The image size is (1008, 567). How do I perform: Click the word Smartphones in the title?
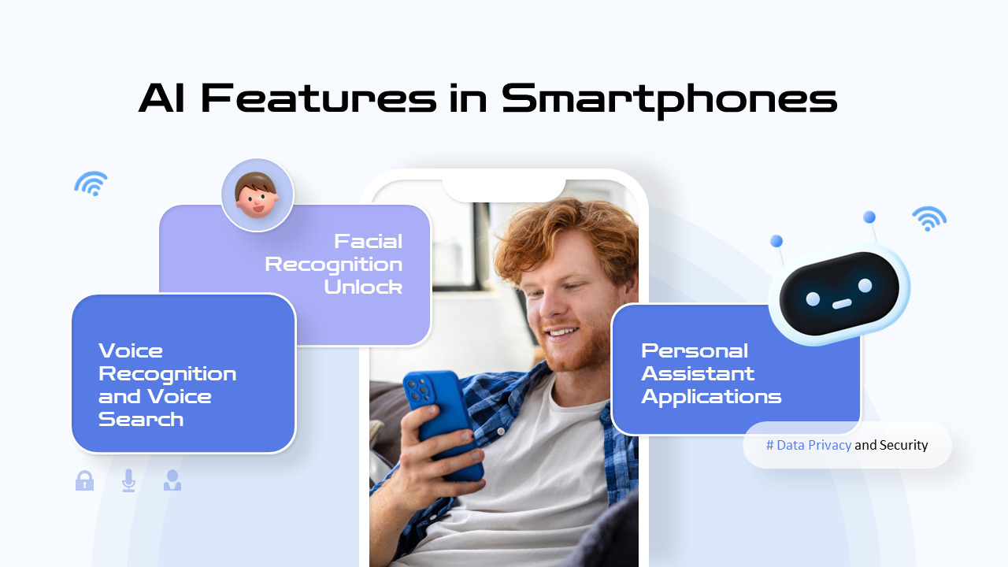point(669,100)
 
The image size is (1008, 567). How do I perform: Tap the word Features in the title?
point(319,98)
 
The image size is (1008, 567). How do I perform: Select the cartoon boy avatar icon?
point(257,195)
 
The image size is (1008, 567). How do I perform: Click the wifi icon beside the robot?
point(929,218)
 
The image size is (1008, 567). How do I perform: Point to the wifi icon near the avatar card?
point(91,183)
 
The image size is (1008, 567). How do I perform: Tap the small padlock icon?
point(84,480)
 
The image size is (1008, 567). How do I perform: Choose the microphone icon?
point(128,480)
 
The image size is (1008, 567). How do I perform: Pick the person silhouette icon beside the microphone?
point(172,480)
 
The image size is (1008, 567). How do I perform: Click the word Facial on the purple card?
point(368,241)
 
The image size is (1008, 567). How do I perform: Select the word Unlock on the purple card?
point(363,287)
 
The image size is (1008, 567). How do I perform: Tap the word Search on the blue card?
point(141,419)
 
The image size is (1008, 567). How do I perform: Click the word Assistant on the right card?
point(698,373)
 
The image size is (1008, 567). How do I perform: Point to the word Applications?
point(711,396)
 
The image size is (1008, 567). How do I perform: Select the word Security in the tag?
point(904,445)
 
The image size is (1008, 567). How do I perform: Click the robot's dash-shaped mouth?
point(842,303)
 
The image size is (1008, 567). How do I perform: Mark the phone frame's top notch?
point(504,189)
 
